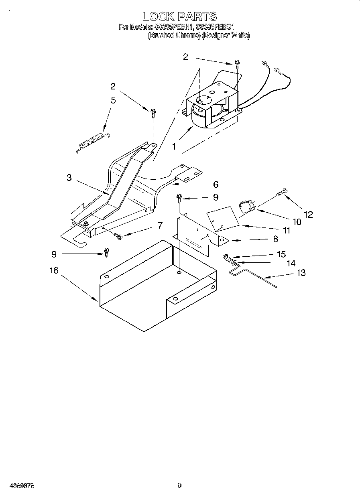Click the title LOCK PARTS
pyautogui.click(x=179, y=16)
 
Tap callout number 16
pyautogui.click(x=54, y=271)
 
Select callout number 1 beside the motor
pyautogui.click(x=174, y=147)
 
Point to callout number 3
pyautogui.click(x=69, y=177)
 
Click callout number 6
pyautogui.click(x=216, y=184)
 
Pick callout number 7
pyautogui.click(x=160, y=225)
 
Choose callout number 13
pyautogui.click(x=301, y=273)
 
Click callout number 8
pyautogui.click(x=275, y=239)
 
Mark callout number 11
pyautogui.click(x=286, y=231)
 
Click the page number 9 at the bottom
pyautogui.click(x=180, y=486)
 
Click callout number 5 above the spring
pyautogui.click(x=113, y=100)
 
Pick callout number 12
pyautogui.click(x=308, y=215)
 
